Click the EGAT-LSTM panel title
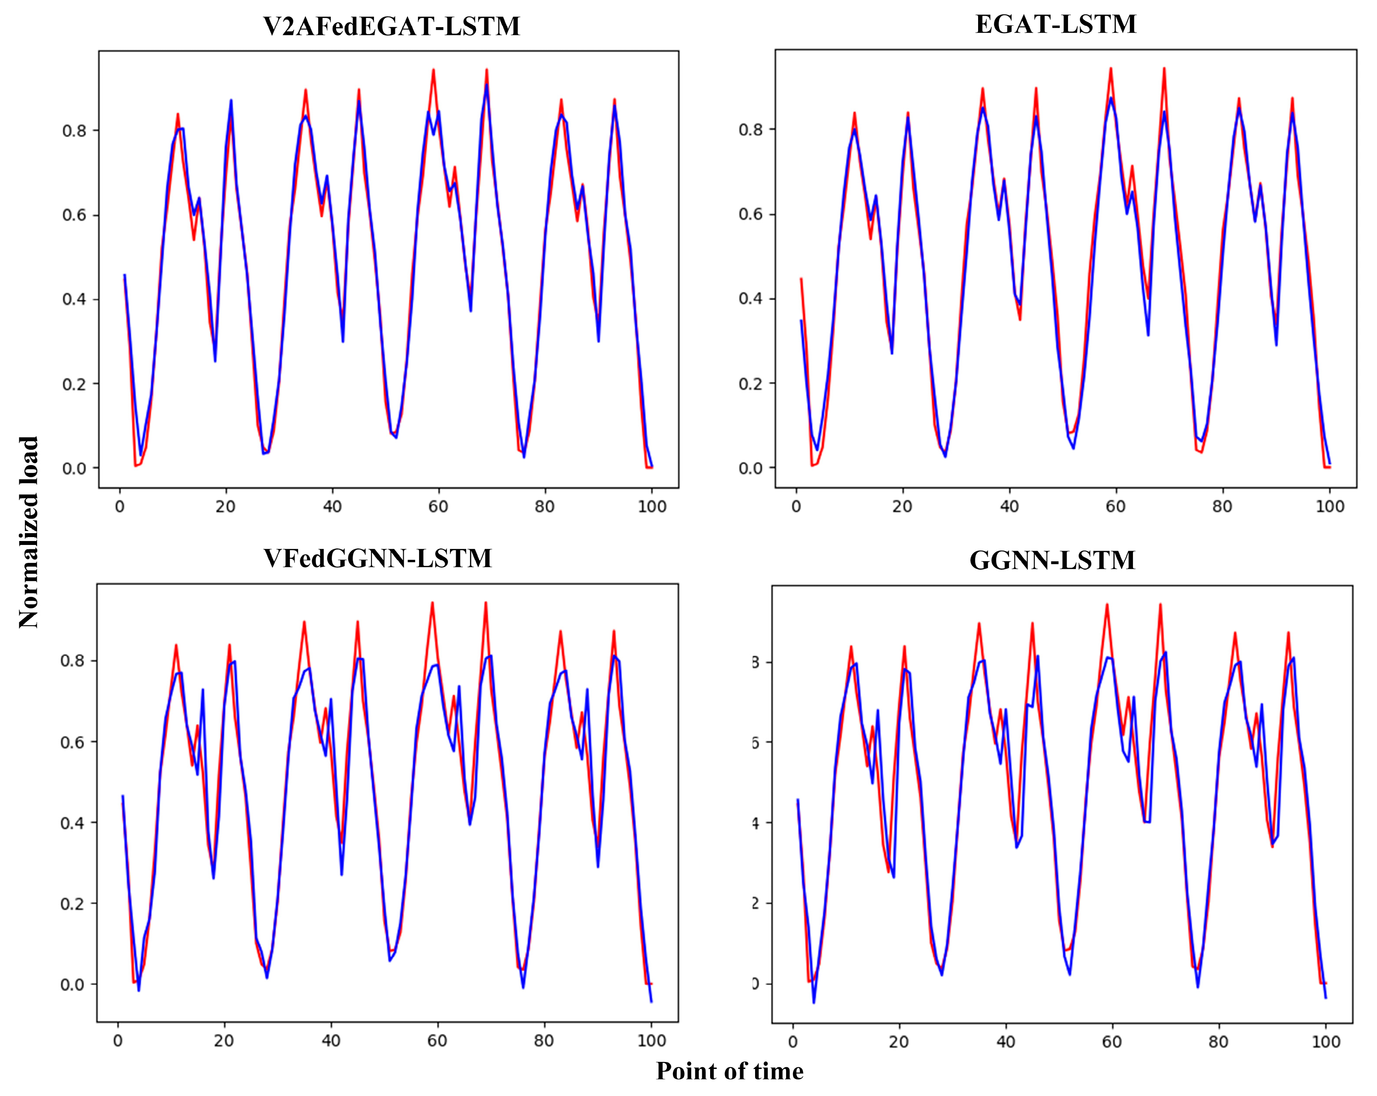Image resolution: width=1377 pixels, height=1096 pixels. click(1056, 25)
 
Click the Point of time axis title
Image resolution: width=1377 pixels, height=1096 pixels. click(729, 1072)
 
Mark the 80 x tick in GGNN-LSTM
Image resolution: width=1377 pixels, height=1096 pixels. click(1218, 1042)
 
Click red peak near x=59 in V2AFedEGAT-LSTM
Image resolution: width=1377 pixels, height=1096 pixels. click(433, 70)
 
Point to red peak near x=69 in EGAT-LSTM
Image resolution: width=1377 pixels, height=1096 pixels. click(1164, 68)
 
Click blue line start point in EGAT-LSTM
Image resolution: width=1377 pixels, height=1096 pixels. click(801, 320)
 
